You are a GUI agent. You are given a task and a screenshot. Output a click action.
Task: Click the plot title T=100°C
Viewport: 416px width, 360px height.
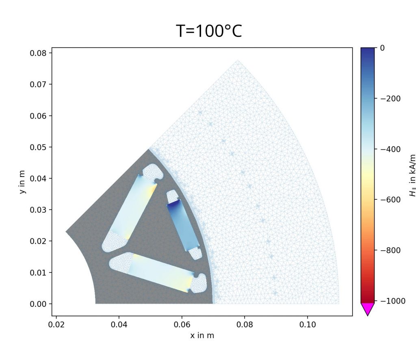pyautogui.click(x=209, y=31)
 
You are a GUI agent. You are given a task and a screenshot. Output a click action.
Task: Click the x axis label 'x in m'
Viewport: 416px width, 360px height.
pyautogui.click(x=202, y=336)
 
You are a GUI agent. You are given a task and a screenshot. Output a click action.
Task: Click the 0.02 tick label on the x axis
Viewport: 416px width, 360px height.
pyautogui.click(x=56, y=325)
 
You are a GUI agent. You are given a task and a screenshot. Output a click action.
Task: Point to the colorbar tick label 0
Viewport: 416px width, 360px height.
pyautogui.click(x=382, y=48)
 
